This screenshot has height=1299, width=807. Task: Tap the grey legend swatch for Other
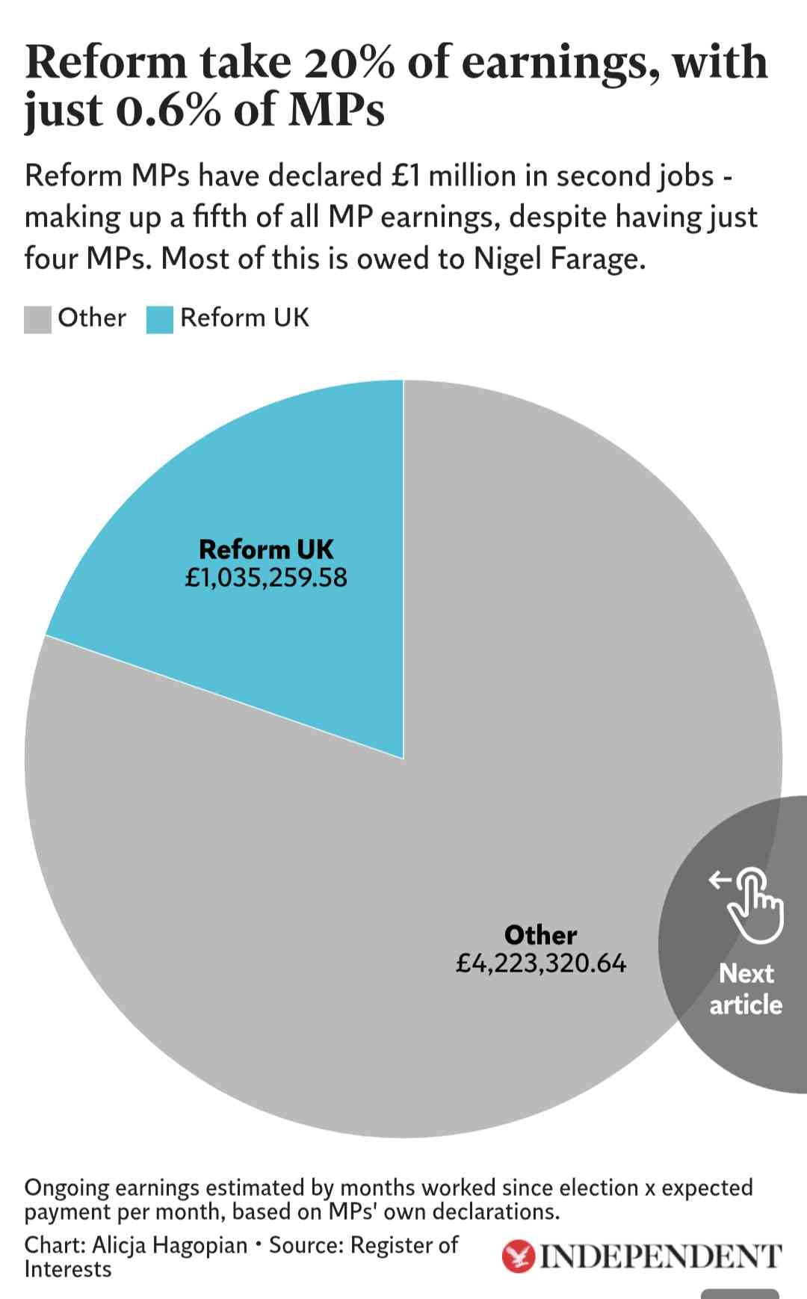37,319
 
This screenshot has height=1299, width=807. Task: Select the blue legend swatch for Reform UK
160,319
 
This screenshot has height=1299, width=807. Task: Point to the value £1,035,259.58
266,578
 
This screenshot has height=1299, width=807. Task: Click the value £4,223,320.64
541,963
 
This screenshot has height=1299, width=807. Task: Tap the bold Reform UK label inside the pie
266,549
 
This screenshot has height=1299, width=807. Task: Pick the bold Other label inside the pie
541,935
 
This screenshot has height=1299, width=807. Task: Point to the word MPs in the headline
336,110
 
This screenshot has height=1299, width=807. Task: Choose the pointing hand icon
751,902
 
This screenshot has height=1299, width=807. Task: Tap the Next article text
746,989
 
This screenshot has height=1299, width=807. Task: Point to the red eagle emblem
519,1257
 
